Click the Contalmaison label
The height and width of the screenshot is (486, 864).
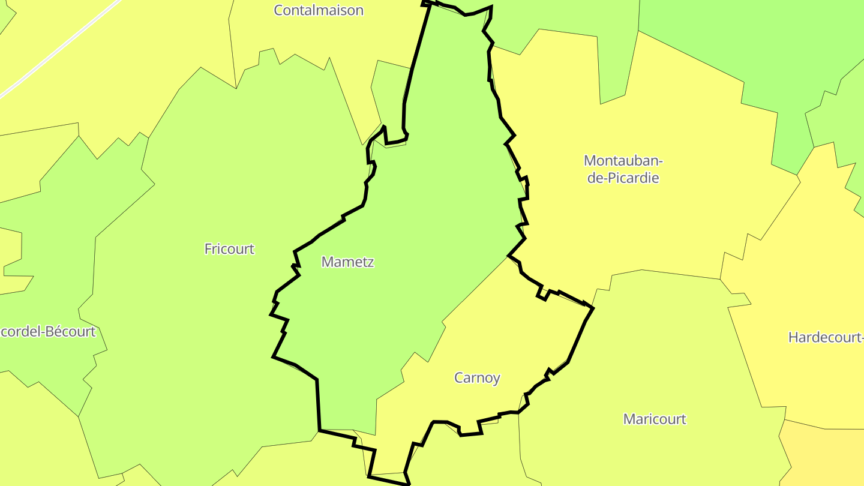319,10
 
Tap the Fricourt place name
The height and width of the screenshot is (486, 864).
229,249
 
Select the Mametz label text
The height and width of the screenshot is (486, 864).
347,262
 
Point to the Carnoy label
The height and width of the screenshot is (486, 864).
477,378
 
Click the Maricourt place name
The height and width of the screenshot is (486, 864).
655,419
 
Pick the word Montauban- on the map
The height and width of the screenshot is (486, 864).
623,161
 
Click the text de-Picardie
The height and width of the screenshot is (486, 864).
623,178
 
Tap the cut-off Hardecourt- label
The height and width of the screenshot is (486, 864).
826,337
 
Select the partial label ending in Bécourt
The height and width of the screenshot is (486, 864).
48,332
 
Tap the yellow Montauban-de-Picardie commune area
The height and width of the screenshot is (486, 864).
660,228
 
